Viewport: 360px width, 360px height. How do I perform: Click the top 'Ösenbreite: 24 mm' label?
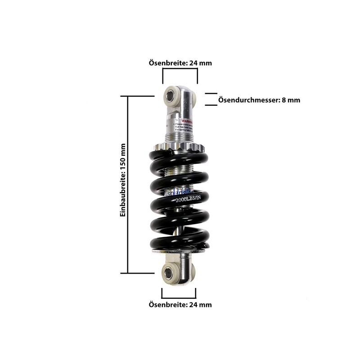pyautogui.click(x=180, y=63)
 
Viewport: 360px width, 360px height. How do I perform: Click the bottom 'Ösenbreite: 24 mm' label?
pyautogui.click(x=180, y=305)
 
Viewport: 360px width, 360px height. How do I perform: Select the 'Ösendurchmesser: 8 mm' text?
pyautogui.click(x=259, y=100)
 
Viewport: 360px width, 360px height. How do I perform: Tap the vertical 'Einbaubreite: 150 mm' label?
pyautogui.click(x=122, y=180)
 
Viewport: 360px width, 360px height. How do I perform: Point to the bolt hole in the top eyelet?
pyautogui.click(x=171, y=95)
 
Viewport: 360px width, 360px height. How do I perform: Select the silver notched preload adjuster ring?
pyautogui.click(x=179, y=147)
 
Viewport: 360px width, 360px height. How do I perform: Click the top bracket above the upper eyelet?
pyautogui.click(x=180, y=77)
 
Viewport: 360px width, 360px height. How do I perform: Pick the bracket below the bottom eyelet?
pyautogui.click(x=179, y=293)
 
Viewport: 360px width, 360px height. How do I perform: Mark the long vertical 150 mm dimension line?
pyautogui.click(x=129, y=184)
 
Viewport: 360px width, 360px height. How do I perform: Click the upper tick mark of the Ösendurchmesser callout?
pyautogui.click(x=211, y=94)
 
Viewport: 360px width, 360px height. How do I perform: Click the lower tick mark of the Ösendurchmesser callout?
pyautogui.click(x=211, y=105)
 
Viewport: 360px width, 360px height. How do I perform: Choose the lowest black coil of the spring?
pyautogui.click(x=180, y=238)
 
